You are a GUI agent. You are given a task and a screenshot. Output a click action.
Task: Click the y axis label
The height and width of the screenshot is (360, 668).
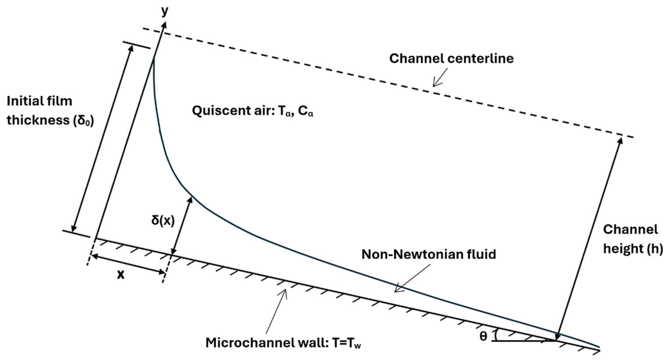(164, 11)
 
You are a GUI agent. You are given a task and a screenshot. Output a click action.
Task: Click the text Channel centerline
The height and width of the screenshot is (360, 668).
(451, 59)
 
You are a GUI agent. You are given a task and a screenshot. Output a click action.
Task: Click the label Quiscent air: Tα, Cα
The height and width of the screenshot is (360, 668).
(252, 111)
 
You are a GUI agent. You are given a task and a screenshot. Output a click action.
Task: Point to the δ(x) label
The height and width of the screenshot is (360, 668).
(163, 221)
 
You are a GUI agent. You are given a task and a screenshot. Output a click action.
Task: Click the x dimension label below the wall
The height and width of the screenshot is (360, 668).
(121, 274)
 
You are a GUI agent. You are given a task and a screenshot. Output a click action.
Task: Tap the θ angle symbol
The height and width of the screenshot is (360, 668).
(483, 336)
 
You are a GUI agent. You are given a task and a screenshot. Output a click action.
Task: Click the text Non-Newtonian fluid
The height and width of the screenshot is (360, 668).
(429, 254)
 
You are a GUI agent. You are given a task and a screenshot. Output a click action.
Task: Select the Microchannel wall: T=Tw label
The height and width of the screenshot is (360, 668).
(283, 343)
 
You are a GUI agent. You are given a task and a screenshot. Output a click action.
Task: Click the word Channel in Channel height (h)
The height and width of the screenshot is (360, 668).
(630, 230)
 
